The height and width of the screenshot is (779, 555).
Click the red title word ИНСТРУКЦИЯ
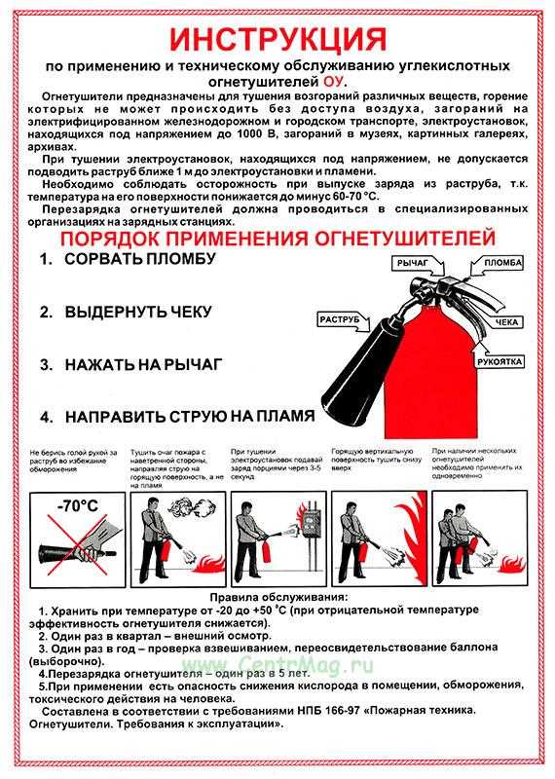point(277,39)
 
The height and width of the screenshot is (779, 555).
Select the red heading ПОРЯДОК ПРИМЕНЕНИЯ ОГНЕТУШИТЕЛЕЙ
point(277,239)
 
